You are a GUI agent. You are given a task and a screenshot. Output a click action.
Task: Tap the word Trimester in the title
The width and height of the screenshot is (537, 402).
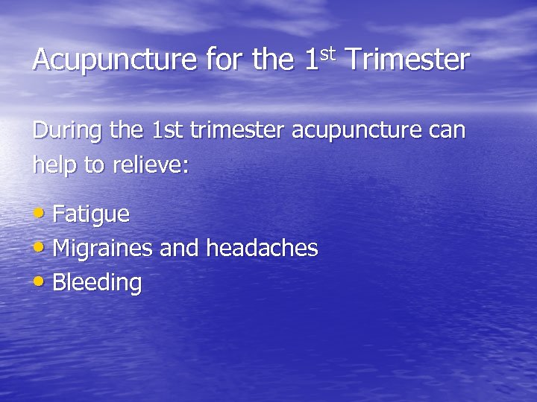tap(407, 60)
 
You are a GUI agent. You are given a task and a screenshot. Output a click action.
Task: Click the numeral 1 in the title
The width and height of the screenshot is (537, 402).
tap(313, 60)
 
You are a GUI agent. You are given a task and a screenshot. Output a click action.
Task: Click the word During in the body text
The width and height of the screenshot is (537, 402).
tap(68, 132)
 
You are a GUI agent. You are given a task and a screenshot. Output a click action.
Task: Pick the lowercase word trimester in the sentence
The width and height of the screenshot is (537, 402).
tap(239, 131)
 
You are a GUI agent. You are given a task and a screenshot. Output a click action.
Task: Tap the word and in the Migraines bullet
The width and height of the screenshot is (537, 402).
tap(179, 249)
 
